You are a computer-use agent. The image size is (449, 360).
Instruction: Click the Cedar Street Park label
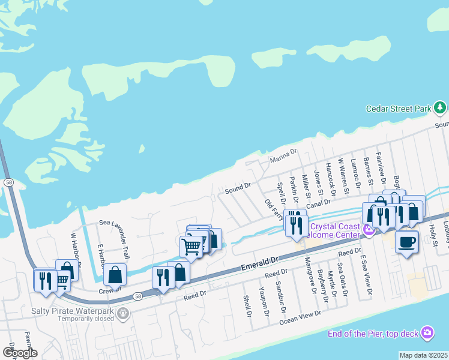[399, 109]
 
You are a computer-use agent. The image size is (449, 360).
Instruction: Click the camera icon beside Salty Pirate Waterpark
[124, 313]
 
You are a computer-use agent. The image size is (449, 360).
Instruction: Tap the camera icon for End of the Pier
[427, 332]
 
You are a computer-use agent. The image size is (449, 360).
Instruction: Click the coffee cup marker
[407, 241]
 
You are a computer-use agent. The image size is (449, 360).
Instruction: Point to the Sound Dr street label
[237, 189]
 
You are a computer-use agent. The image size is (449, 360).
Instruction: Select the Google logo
[19, 352]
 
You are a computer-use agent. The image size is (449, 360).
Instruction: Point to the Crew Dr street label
[107, 290]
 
